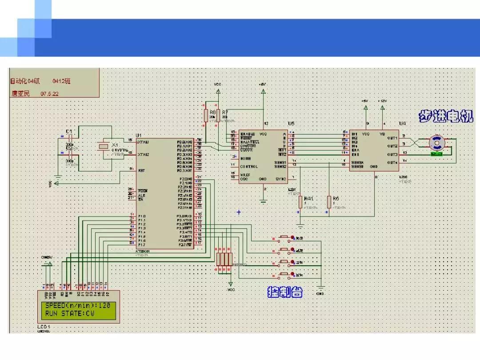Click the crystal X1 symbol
coord(104,146)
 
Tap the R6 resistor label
coord(212,112)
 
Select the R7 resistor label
coord(225,112)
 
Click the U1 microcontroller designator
coord(139,135)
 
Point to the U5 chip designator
coord(291,123)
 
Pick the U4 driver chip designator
coord(402,123)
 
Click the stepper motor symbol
coord(436,143)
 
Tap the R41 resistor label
coord(309,199)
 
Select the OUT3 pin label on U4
coord(392,154)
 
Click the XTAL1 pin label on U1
coord(143,142)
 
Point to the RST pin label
coord(141,170)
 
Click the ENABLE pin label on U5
coord(247,134)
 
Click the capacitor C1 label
coord(69,132)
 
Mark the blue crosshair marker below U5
coord(239,212)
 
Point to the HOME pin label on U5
coord(245,158)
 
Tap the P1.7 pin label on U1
coord(142,244)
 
